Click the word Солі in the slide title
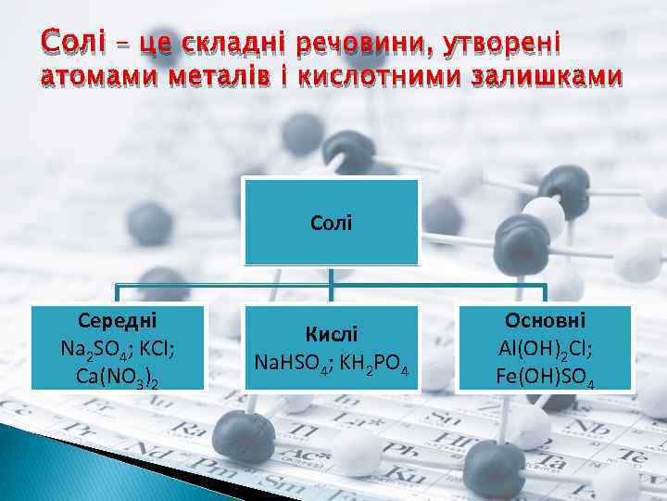(x=66, y=42)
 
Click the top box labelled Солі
(x=331, y=223)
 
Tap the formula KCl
(x=157, y=351)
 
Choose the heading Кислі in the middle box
(x=331, y=334)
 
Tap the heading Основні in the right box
(x=545, y=320)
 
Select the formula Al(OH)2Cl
(x=545, y=350)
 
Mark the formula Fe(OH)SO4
(x=545, y=379)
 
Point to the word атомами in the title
(x=87, y=76)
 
